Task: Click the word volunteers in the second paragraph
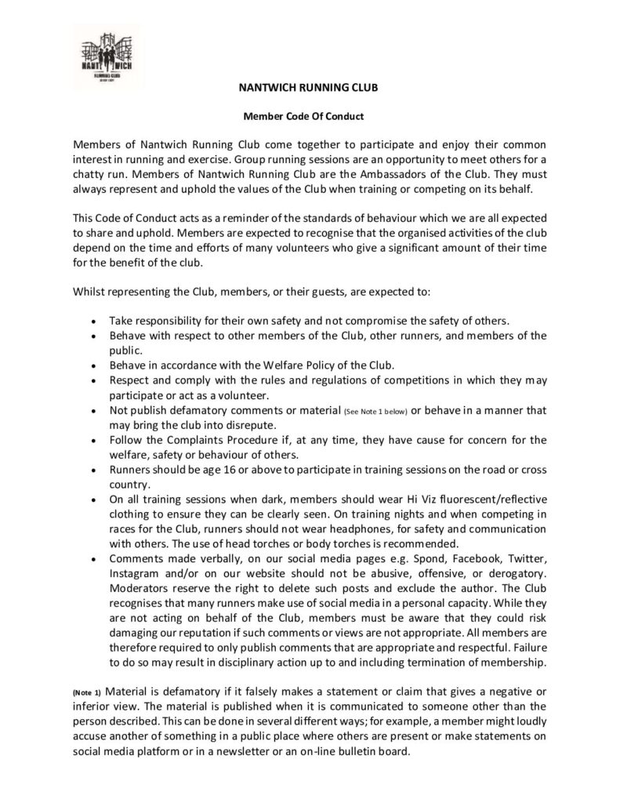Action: pyautogui.click(x=283, y=247)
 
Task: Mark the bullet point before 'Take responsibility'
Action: pyautogui.click(x=94, y=321)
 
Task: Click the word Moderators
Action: pyautogui.click(x=140, y=588)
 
